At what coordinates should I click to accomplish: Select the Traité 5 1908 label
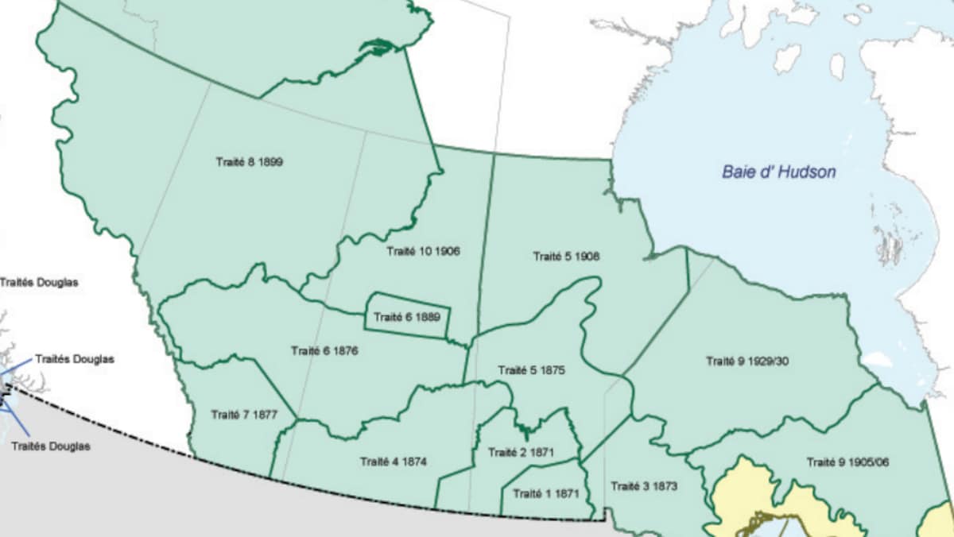[566, 257]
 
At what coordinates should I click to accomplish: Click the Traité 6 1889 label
[407, 317]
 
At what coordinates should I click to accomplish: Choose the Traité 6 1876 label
[324, 350]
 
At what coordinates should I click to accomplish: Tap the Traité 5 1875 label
[531, 370]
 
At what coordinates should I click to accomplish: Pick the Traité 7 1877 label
[244, 414]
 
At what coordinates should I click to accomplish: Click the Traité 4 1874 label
[393, 462]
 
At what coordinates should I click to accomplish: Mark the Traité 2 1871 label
[522, 452]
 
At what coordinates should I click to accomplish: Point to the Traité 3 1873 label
[644, 486]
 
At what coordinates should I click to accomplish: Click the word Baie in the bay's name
[737, 172]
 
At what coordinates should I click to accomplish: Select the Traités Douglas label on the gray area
[51, 446]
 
